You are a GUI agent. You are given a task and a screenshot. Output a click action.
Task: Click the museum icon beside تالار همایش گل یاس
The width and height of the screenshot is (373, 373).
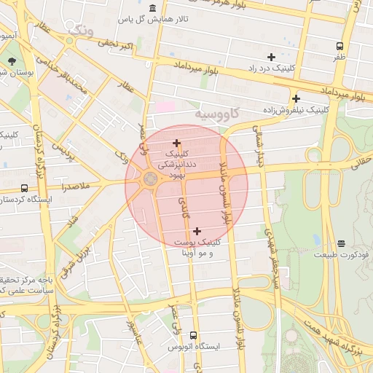[152, 8]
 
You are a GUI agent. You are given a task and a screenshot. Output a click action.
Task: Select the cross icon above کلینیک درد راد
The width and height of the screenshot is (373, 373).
[271, 56]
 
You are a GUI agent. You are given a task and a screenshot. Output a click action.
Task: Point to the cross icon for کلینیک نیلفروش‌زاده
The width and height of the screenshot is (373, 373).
[296, 98]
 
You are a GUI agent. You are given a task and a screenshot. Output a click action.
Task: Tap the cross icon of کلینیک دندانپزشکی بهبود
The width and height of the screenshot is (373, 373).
[176, 143]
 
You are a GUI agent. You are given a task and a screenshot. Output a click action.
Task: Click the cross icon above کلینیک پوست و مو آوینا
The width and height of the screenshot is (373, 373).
[197, 231]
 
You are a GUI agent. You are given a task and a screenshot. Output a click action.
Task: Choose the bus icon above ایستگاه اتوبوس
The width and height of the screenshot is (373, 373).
[192, 335]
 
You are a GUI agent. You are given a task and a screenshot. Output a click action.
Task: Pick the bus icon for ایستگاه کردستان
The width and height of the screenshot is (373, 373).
[25, 188]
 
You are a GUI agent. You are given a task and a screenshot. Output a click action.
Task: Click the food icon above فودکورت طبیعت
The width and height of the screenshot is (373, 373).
[341, 244]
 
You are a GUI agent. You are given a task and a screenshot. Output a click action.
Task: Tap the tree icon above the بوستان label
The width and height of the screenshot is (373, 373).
[11, 61]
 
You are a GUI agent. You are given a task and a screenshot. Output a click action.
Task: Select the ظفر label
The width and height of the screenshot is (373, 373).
[339, 55]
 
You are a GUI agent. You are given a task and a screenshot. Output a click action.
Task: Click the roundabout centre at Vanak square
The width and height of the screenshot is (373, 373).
[150, 179]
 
